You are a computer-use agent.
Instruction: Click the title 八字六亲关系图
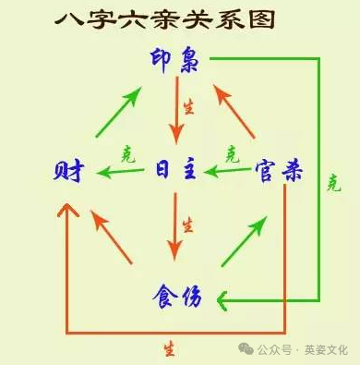(x=165, y=20)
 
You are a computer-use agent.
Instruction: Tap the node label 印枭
(x=174, y=60)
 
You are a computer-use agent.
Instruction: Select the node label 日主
(x=175, y=169)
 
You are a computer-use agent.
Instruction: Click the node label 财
(x=68, y=171)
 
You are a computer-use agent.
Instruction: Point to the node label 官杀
(x=279, y=171)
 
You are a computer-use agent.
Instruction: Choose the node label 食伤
(x=177, y=297)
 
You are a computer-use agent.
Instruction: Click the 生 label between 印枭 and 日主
(x=188, y=107)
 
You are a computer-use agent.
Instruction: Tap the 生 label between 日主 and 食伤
(x=187, y=225)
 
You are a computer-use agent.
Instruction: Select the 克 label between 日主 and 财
(x=128, y=154)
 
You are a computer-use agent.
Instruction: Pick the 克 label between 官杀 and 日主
(x=233, y=154)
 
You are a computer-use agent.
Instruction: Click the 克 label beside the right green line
(x=334, y=183)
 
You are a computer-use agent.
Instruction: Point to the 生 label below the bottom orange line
(x=170, y=349)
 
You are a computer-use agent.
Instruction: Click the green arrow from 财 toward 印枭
(x=119, y=112)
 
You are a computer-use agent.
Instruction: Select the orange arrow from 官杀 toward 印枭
(x=234, y=112)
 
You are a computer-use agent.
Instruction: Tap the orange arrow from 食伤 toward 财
(x=112, y=237)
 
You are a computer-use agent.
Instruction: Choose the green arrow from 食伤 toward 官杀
(x=244, y=241)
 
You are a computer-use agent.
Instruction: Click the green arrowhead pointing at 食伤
(x=222, y=300)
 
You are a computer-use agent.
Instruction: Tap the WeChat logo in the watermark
(x=246, y=349)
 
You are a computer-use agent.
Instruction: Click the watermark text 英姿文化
(x=326, y=350)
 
